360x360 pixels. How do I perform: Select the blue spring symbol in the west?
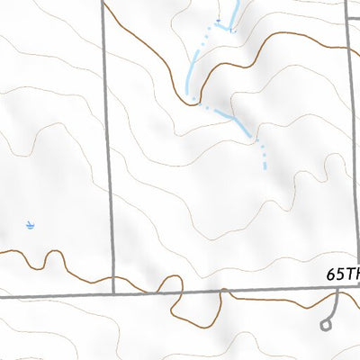[30, 224]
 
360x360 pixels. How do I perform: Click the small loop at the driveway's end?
[326, 325]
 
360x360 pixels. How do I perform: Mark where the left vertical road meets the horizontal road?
[115, 293]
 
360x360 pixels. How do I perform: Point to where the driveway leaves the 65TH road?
[336, 290]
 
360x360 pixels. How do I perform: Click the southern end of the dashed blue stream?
[265, 167]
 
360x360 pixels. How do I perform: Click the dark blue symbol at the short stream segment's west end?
[219, 19]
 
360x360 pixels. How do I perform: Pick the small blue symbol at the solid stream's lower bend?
[232, 30]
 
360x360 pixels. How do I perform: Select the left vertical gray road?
[110, 153]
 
